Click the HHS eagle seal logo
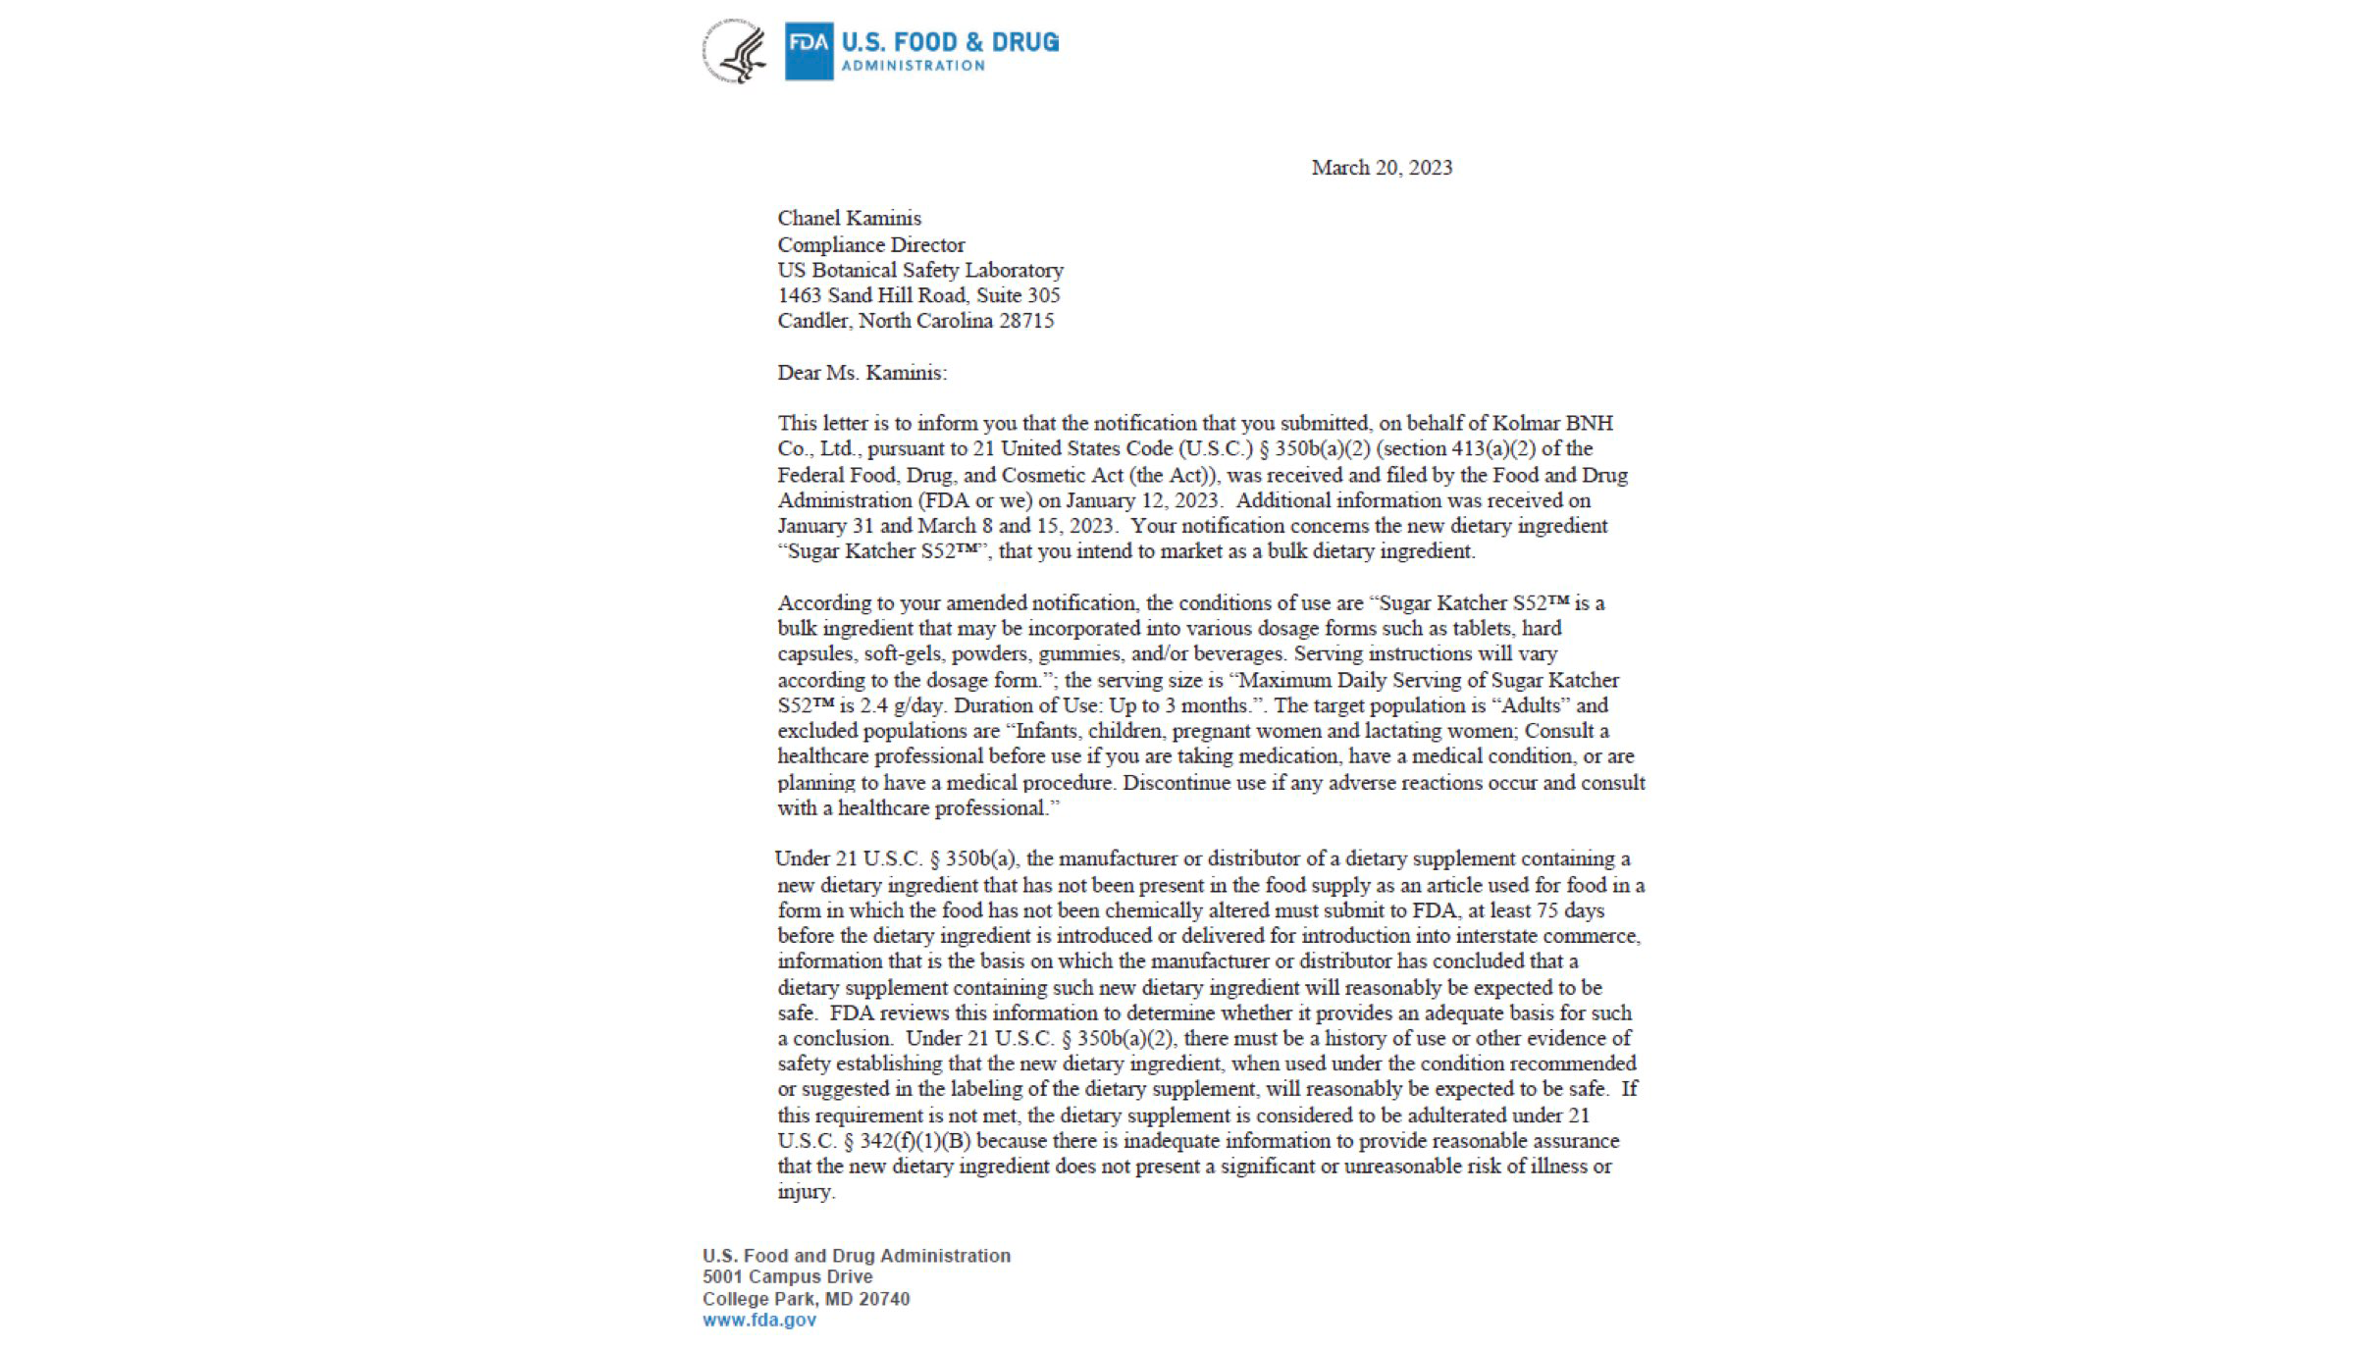click(x=734, y=51)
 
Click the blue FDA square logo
click(x=809, y=51)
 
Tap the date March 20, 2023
click(x=1382, y=168)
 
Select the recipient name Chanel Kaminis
click(x=849, y=218)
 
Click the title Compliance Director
click(x=870, y=244)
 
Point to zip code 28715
click(x=1026, y=321)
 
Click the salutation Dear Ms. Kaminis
click(x=862, y=373)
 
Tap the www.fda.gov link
click(x=759, y=1321)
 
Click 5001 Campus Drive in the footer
click(x=787, y=1276)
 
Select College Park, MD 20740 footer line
click(x=806, y=1299)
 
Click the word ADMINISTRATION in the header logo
click(x=913, y=66)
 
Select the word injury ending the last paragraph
click(x=804, y=1192)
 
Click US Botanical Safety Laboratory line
click(x=919, y=270)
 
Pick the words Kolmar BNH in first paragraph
click(x=1552, y=423)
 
